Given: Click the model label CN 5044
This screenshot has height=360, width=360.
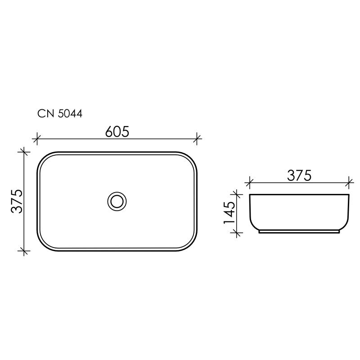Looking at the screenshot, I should (59, 114).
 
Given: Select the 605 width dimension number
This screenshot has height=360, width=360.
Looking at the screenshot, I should (117, 131).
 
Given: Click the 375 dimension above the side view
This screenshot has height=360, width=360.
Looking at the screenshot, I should (299, 175).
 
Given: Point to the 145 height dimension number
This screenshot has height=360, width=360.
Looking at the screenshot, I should (229, 213).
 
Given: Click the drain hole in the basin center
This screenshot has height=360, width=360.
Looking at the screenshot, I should (117, 201).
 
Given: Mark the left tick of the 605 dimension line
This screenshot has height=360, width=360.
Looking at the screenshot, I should (38, 139).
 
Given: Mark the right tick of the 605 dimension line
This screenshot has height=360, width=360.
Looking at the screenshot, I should (197, 139).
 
